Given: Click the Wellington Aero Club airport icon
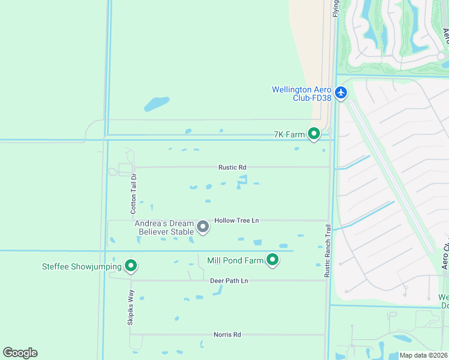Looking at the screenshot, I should [342, 92].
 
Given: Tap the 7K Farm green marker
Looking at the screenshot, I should [313, 134].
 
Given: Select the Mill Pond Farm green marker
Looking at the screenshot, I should [273, 260].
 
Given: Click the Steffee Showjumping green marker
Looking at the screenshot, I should [130, 266].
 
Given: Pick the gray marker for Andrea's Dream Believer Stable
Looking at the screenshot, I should [203, 226].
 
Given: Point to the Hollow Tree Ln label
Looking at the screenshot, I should [237, 220].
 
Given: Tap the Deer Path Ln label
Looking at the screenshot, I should [229, 281].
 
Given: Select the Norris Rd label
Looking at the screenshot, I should [228, 334].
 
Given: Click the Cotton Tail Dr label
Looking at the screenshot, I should [134, 194].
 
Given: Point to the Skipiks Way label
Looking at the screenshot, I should [131, 308].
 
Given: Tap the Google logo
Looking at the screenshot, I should [20, 353].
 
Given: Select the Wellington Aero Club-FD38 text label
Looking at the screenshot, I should [301, 94].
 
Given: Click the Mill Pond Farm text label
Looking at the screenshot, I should [235, 260].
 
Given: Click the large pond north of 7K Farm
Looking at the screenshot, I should [157, 104].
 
